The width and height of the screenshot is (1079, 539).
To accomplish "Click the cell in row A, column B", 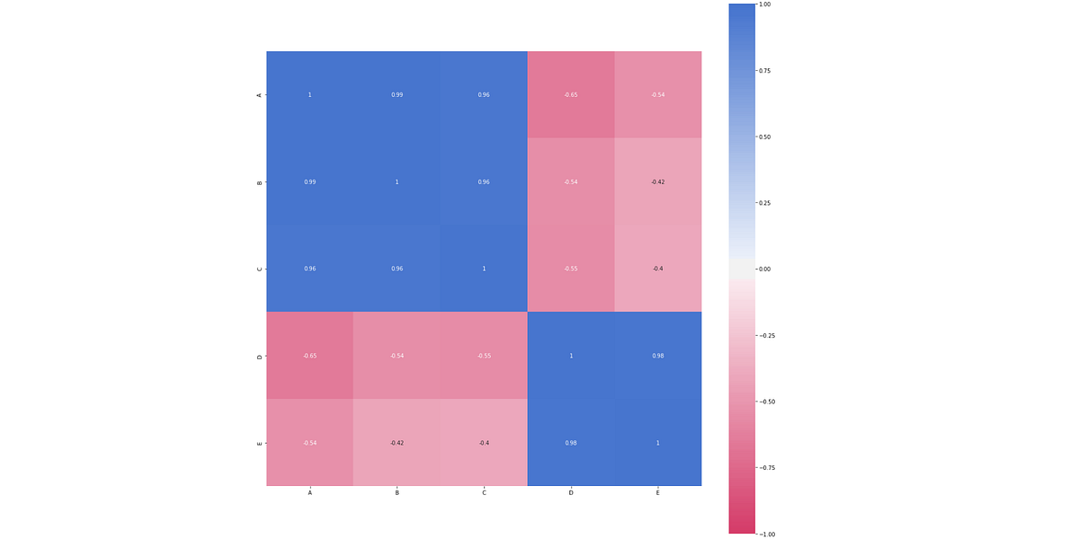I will coord(397,94).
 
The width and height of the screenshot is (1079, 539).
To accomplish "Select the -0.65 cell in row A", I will coord(571,94).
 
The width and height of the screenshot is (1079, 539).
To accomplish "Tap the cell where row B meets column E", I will coord(657,181).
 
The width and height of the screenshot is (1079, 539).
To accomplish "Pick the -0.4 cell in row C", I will coord(657,269).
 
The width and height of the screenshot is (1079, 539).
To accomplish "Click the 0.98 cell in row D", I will coord(657,356).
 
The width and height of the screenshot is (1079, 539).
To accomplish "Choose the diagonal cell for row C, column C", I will coord(484,269).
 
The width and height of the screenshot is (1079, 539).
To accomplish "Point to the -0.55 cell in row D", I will coord(484,356).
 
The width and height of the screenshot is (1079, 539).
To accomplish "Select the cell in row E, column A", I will coord(309,443).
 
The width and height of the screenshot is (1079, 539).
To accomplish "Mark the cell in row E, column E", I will coord(657,443).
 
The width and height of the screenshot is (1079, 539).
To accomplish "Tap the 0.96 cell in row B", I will coord(484,181).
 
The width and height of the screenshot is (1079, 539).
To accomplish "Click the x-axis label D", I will coord(571,493).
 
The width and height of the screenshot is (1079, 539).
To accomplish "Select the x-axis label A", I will coord(309,493).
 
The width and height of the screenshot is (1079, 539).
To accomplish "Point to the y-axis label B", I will coord(260,181).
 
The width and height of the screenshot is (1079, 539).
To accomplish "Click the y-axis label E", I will coord(260,443).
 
